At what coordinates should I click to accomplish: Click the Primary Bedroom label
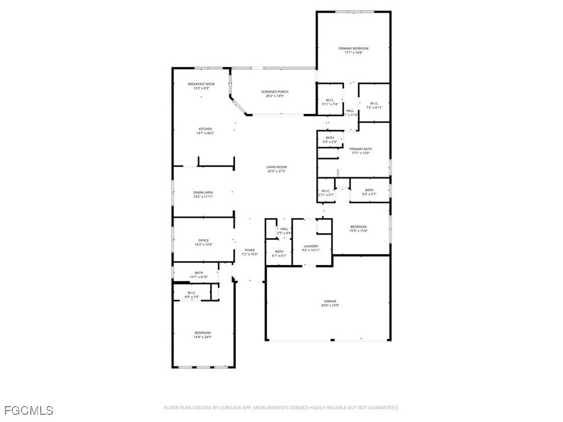353,48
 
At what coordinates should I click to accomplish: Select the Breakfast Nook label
201,84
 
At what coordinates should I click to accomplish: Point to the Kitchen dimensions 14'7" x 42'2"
205,134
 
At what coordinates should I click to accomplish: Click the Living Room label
277,167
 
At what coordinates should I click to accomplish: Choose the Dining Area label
203,192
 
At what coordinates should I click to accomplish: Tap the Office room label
203,240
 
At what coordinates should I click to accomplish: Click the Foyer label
250,250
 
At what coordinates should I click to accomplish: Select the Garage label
330,301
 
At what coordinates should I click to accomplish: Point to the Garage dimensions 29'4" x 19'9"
330,306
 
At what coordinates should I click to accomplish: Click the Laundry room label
311,246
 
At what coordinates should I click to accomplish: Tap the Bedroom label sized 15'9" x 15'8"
358,226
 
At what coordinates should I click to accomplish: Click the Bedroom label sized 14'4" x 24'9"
202,333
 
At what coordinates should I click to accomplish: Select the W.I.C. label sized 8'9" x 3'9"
192,292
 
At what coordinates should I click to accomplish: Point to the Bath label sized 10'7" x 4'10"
198,273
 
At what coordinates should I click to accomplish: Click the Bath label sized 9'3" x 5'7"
369,190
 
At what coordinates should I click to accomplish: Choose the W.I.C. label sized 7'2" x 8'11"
373,103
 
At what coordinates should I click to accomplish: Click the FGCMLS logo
28,410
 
